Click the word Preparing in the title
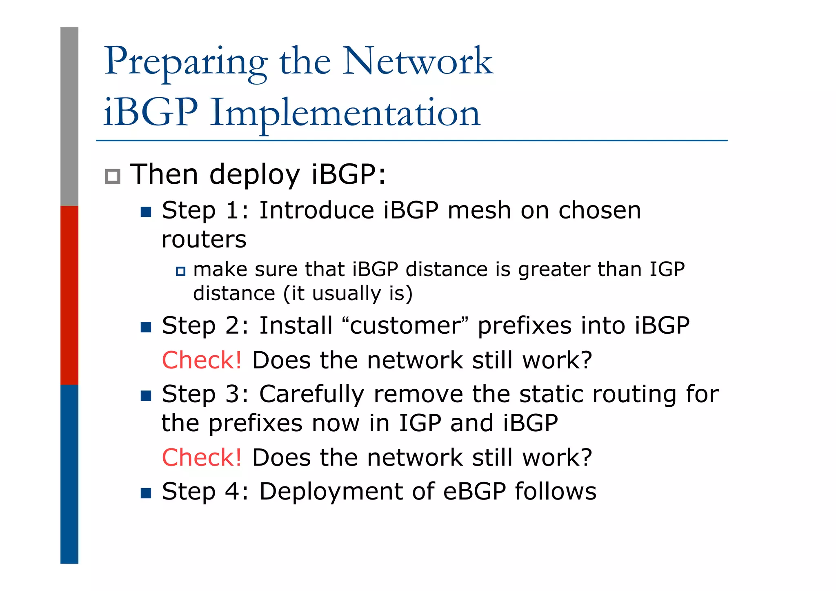coord(186,62)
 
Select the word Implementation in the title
coord(345,113)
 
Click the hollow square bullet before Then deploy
coord(113,176)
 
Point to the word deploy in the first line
coord(255,175)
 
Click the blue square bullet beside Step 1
coord(146,212)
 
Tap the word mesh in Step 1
coord(479,211)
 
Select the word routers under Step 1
coord(204,239)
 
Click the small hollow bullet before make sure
coord(180,271)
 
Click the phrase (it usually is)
coord(348,294)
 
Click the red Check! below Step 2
coord(202,360)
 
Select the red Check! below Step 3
coord(202,457)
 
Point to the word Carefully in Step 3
coord(311,395)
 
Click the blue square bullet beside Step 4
coord(146,493)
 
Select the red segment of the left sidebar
coord(69,295)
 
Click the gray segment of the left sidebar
coord(69,116)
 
